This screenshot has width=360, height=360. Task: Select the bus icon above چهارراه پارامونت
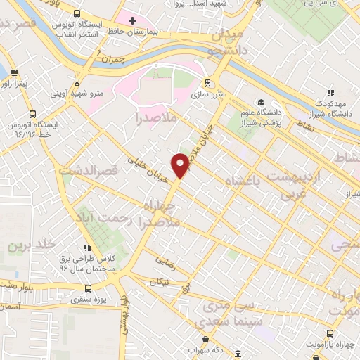coord(330,334)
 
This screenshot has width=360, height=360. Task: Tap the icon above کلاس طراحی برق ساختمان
coord(87,247)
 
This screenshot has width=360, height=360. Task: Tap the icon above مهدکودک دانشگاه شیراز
coord(330,91)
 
